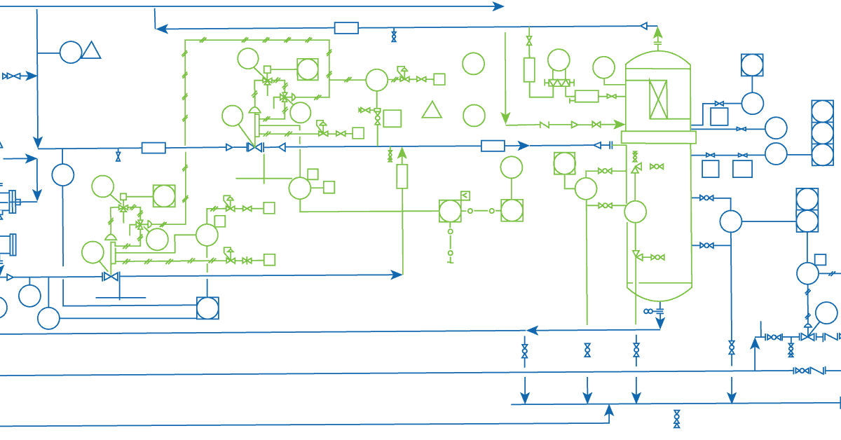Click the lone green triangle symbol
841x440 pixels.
point(432,110)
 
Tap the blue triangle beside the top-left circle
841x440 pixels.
point(91,50)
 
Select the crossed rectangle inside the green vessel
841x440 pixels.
point(659,99)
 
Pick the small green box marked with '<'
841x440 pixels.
point(465,195)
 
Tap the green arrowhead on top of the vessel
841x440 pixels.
point(657,32)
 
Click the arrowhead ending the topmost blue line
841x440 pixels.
point(498,6)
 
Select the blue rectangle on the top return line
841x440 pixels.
point(346,28)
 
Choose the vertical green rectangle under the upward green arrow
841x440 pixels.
point(402,177)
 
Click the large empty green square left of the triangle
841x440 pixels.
point(392,118)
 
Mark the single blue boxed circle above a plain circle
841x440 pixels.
point(752,65)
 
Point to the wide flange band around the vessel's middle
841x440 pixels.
point(658,137)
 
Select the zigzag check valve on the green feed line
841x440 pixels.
point(544,125)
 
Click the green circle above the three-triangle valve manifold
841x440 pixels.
point(559,60)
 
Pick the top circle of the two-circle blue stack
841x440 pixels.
point(807,199)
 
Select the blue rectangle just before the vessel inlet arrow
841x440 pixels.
point(493,146)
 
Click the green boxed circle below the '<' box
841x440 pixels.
point(450,211)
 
